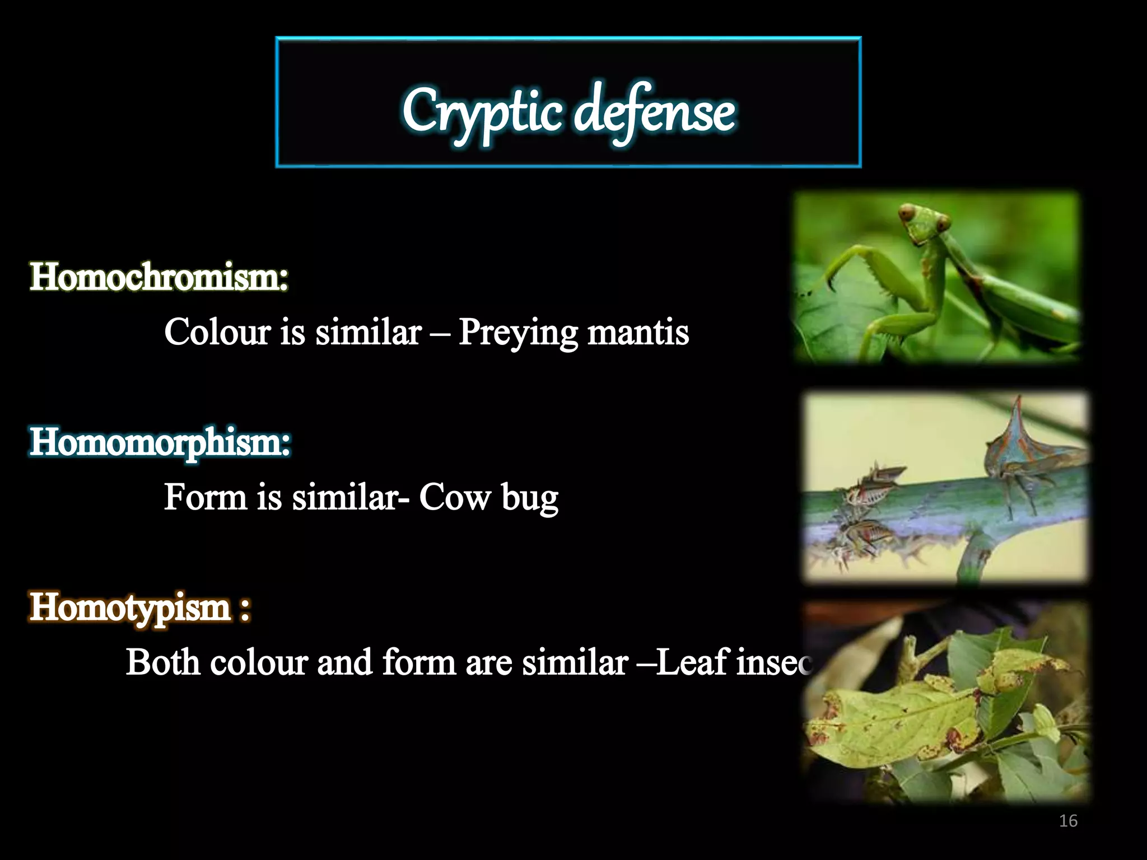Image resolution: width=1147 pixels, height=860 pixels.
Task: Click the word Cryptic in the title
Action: pyautogui.click(x=482, y=112)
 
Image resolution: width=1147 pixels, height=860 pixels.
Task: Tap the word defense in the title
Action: pyautogui.click(x=655, y=112)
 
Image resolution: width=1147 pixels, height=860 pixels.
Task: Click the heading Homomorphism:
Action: pyautogui.click(x=160, y=442)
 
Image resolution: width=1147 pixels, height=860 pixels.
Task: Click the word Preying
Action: pyautogui.click(x=517, y=333)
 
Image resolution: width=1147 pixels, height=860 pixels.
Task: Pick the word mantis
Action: pyautogui.click(x=638, y=331)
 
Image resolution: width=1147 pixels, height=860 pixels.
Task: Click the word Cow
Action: pyautogui.click(x=454, y=497)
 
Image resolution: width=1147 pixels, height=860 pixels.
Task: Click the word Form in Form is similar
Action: pyautogui.click(x=205, y=497)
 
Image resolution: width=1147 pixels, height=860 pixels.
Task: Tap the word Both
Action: pyautogui.click(x=162, y=662)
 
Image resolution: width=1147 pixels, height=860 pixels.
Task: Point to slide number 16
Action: pyautogui.click(x=1068, y=821)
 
